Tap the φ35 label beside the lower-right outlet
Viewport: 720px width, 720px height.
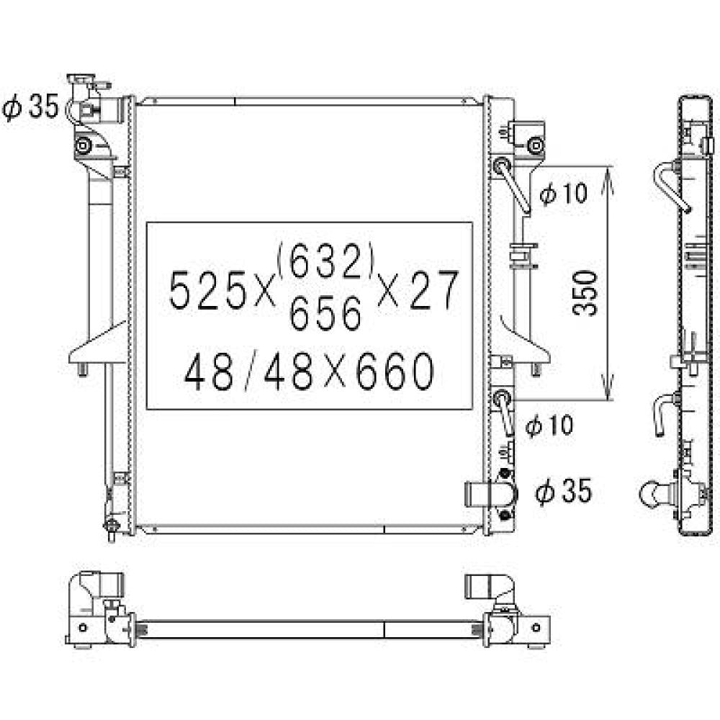click(x=564, y=492)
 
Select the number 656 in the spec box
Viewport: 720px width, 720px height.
click(x=325, y=314)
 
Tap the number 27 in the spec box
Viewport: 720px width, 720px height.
click(x=433, y=292)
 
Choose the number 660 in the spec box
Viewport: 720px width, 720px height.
click(x=392, y=373)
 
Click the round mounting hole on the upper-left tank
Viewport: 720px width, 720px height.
click(x=84, y=147)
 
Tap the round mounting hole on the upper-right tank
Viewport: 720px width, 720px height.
click(x=534, y=147)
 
